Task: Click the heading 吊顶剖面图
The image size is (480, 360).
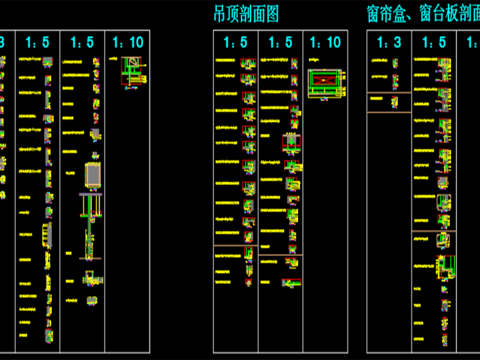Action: (x=246, y=15)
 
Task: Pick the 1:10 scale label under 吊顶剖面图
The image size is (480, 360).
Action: (x=326, y=42)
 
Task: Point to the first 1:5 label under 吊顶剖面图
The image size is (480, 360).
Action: (x=236, y=42)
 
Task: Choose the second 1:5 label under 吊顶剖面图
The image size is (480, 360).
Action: (x=281, y=42)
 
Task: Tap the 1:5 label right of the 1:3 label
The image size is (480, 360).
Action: (x=434, y=42)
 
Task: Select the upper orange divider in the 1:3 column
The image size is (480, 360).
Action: (x=388, y=93)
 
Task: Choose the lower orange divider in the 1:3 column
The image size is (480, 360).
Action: (x=388, y=112)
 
